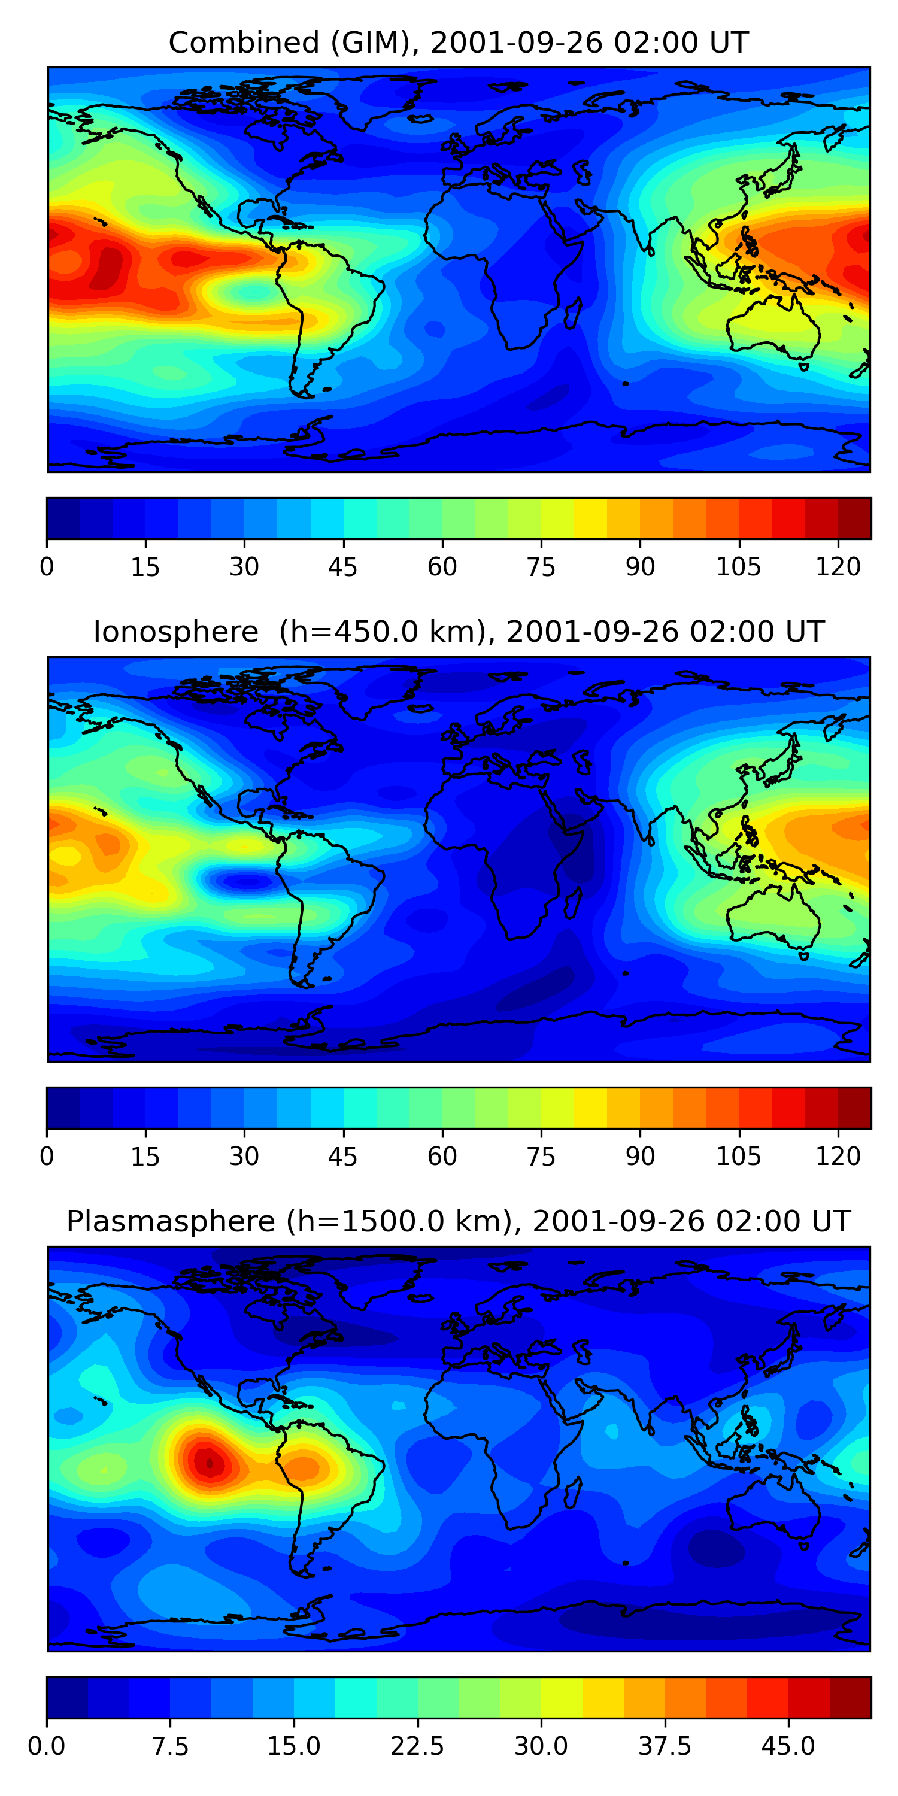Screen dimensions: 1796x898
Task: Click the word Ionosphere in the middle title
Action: coord(175,632)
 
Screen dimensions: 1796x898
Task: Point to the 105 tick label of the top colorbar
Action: coord(739,567)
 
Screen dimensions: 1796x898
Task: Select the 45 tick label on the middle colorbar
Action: coord(343,1156)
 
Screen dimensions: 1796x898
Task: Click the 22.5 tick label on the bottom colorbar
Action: coord(417,1746)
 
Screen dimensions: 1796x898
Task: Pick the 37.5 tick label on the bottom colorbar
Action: coord(665,1746)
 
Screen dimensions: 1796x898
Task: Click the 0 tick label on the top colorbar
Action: coord(47,567)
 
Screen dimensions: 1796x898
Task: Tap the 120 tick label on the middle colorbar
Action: coord(838,1156)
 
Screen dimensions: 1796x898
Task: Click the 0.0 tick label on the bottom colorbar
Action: coord(47,1746)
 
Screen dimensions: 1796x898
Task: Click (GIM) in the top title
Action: coord(372,43)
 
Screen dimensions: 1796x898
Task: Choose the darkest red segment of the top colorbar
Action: coord(854,518)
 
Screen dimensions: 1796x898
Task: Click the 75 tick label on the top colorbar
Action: coord(541,567)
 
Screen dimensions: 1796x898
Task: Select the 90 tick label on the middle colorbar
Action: coord(640,1156)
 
